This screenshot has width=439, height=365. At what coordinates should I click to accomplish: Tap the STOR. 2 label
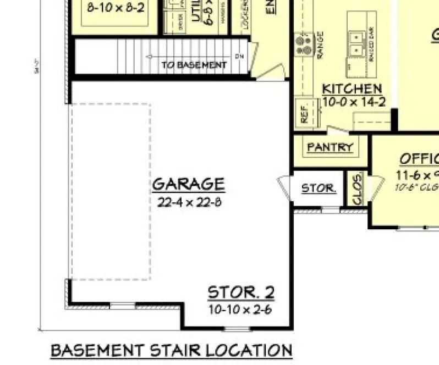(x=240, y=293)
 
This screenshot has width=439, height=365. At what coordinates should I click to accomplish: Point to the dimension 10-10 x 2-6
(x=240, y=309)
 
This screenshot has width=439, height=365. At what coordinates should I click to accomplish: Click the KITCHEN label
(x=352, y=89)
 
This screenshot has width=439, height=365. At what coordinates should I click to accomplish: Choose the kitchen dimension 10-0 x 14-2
(x=354, y=101)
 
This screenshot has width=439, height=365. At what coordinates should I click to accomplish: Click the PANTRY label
(x=330, y=147)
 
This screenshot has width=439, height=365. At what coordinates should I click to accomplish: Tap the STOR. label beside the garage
(x=319, y=189)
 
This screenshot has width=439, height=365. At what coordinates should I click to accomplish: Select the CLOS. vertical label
(x=356, y=189)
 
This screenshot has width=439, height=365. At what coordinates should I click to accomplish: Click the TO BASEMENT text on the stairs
(x=194, y=65)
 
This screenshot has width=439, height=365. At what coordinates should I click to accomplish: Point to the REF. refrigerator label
(x=304, y=112)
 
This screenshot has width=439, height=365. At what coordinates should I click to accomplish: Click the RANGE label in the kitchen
(x=320, y=45)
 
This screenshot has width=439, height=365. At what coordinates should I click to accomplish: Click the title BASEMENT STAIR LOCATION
(x=171, y=350)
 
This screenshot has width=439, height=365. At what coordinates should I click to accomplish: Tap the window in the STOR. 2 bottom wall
(x=237, y=329)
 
